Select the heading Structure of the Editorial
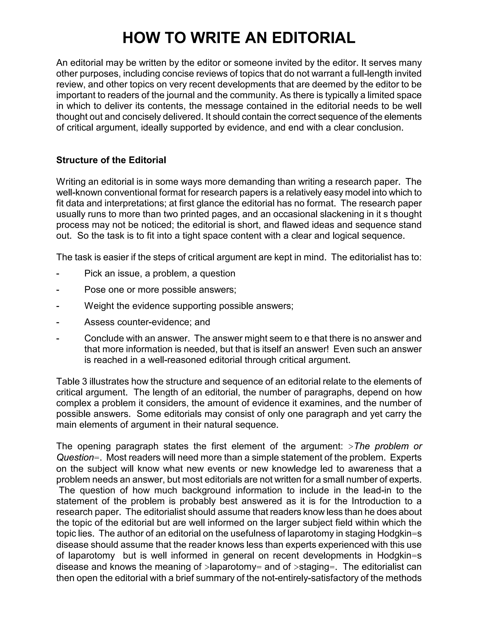[x=111, y=160]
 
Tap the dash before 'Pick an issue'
[x=58, y=274]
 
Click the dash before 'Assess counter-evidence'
[x=58, y=323]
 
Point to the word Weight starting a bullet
[x=99, y=306]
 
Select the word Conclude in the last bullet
[x=103, y=338]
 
